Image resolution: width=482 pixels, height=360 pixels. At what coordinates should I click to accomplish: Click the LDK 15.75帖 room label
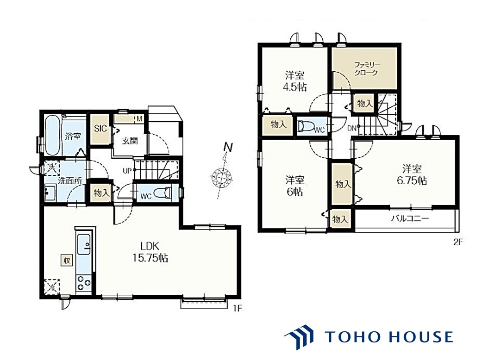click(x=150, y=252)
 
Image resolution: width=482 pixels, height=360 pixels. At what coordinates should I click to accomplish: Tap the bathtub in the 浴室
click(x=53, y=136)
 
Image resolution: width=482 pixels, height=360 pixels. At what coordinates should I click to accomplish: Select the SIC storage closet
click(x=100, y=129)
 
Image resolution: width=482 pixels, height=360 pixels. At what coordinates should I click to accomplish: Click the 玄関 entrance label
click(x=130, y=141)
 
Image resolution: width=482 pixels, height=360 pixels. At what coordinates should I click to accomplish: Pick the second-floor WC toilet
click(x=306, y=126)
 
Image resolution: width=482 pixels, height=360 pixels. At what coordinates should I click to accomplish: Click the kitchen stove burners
click(x=84, y=283)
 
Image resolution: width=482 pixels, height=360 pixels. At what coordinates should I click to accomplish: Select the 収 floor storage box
click(x=66, y=261)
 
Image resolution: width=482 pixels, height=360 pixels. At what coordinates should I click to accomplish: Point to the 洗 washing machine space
click(x=52, y=168)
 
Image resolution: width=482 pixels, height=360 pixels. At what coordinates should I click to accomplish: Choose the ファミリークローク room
click(x=365, y=68)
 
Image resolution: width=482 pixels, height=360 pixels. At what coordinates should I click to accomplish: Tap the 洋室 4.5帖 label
click(x=294, y=81)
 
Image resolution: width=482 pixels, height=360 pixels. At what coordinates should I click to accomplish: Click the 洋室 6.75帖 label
click(x=412, y=174)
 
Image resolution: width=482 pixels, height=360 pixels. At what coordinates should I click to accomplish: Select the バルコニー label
click(x=410, y=219)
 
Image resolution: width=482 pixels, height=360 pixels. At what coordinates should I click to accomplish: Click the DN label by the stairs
click(x=352, y=128)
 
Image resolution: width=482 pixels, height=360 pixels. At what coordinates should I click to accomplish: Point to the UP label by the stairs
click(x=127, y=171)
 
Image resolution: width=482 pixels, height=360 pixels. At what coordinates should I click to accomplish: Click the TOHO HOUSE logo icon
click(x=299, y=337)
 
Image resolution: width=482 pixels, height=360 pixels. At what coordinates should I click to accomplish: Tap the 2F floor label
click(x=458, y=242)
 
